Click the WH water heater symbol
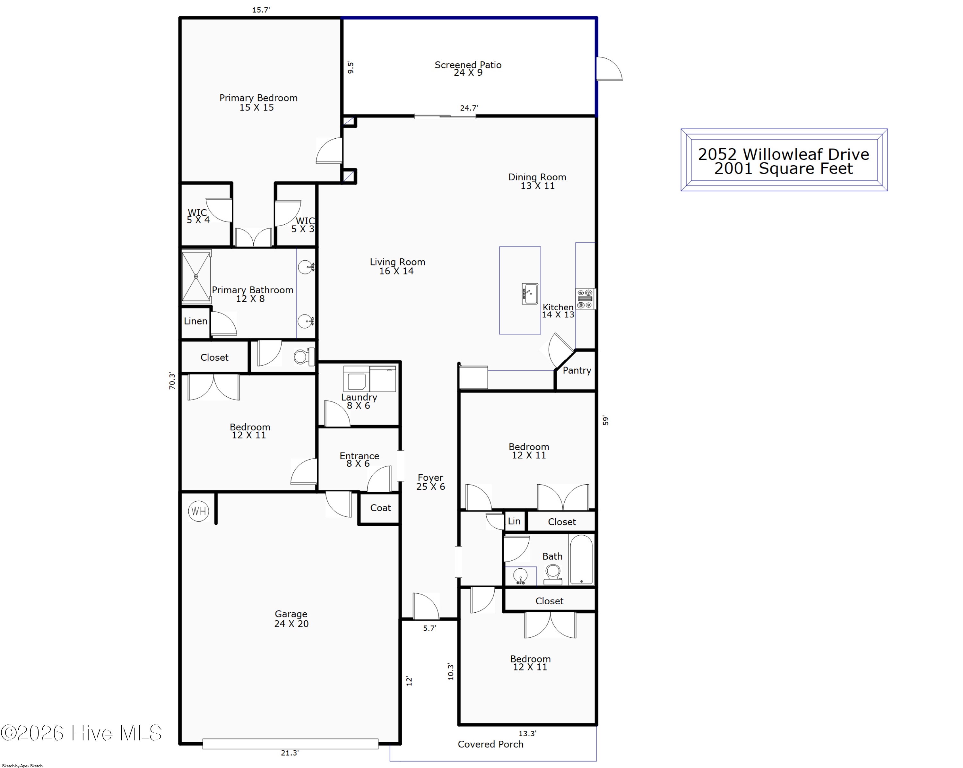point(199,511)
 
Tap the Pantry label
point(577,370)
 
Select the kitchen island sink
point(530,294)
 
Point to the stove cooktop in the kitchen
point(585,299)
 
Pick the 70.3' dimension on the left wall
point(172,381)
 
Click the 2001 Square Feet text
point(784,168)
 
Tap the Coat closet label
point(381,508)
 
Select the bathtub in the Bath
point(582,559)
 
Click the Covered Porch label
point(490,744)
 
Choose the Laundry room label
point(359,397)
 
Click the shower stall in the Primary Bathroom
point(196,276)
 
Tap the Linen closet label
point(195,321)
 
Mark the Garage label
point(291,614)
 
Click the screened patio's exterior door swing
point(609,69)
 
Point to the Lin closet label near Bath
point(514,521)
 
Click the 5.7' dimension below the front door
point(430,628)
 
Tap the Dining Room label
point(537,177)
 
